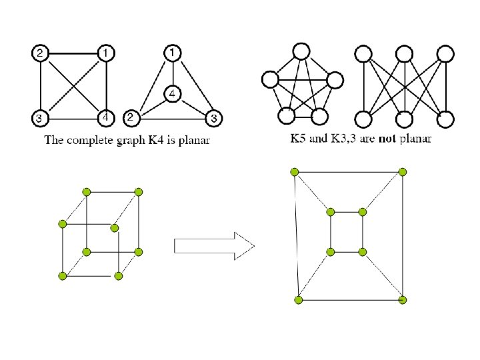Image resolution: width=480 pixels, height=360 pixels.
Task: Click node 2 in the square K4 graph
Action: [40, 52]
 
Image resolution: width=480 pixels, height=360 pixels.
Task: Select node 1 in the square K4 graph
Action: [106, 52]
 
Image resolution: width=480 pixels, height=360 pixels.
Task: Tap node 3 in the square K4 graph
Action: [40, 119]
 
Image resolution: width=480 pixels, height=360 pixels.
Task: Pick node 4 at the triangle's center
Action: [173, 95]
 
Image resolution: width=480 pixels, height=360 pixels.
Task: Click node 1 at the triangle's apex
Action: [173, 52]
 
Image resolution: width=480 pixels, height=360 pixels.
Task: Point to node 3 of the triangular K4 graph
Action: [213, 119]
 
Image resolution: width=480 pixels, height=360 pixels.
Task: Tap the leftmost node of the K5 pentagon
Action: [271, 79]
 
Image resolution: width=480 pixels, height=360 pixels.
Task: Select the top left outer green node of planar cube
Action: [295, 173]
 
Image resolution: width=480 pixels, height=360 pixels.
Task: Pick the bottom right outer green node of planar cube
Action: [403, 301]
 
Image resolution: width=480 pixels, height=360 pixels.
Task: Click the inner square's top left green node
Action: [331, 212]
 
